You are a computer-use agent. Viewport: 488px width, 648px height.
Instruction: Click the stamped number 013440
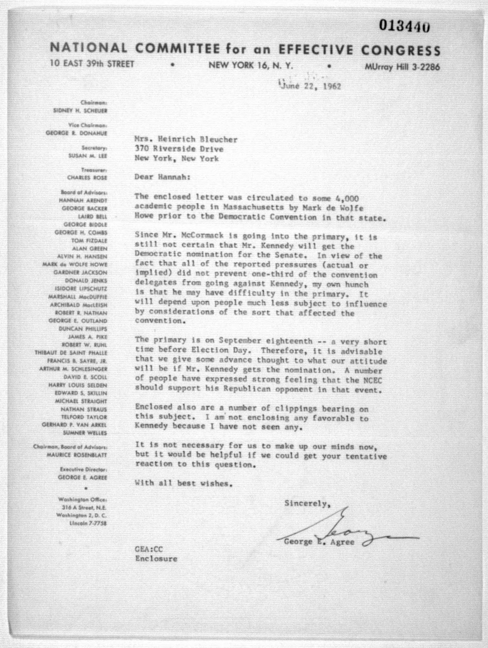point(404,26)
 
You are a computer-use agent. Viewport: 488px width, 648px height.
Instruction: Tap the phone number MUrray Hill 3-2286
point(402,67)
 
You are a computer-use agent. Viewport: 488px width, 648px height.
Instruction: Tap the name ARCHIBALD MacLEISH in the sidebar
point(78,305)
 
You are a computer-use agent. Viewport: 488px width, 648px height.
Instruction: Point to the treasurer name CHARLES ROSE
point(87,178)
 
